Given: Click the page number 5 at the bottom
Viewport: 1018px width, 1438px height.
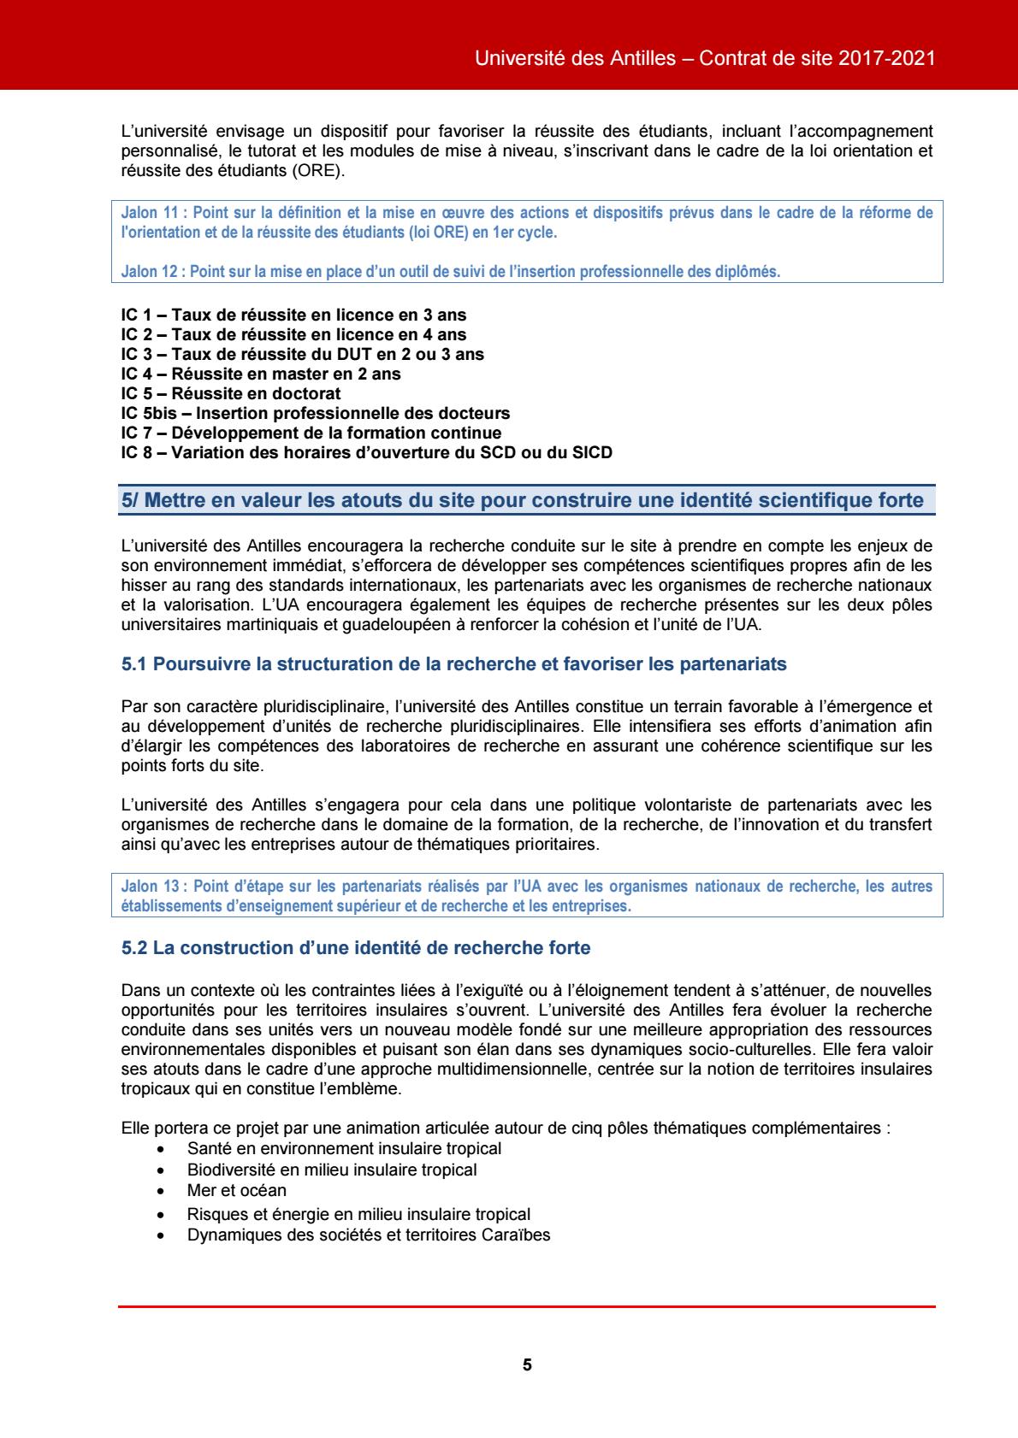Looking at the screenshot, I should pos(527,1364).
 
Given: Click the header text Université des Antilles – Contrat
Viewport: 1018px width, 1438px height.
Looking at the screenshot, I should pos(703,59).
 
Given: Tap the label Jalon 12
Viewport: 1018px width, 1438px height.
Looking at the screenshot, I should pos(151,272).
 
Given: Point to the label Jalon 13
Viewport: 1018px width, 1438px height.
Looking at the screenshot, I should pos(151,887).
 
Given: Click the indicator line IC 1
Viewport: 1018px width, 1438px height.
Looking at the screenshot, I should pos(293,315).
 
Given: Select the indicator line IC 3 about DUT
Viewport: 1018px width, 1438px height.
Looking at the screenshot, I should pos(302,354).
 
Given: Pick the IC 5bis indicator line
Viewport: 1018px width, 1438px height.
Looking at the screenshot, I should pos(316,414).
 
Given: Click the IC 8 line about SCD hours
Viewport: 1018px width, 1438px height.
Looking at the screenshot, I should pos(367,453).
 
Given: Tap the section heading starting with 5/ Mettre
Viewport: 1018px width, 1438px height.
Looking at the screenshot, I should pos(522,501).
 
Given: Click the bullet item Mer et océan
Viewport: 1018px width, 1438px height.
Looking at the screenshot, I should pos(237,1190).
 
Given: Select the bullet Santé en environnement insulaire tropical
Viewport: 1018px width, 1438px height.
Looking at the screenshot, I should pos(344,1148).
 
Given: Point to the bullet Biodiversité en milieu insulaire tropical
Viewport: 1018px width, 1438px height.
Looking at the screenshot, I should pos(332,1169).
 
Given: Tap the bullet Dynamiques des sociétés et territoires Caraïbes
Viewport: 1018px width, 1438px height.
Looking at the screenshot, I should pos(369,1235).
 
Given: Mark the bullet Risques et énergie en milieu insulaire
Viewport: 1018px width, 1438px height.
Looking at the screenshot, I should pos(358,1213).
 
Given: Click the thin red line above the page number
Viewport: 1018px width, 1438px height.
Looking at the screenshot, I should pos(527,1306).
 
